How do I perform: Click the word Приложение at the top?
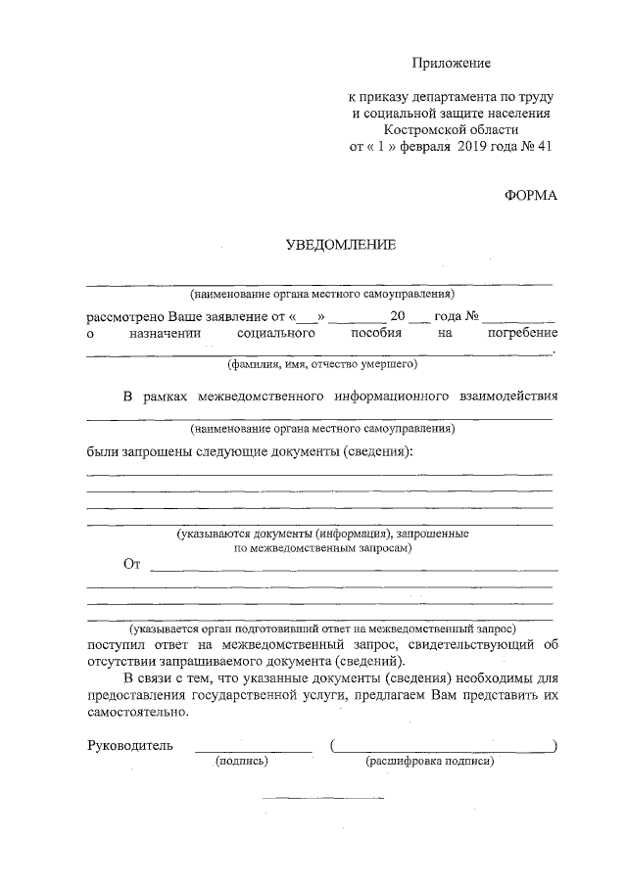[x=450, y=63]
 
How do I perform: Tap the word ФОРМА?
[x=530, y=195]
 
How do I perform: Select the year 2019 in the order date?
[x=473, y=147]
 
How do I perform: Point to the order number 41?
[x=546, y=147]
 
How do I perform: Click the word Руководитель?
[x=130, y=745]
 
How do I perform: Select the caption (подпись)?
[x=242, y=761]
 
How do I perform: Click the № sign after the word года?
[x=470, y=317]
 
